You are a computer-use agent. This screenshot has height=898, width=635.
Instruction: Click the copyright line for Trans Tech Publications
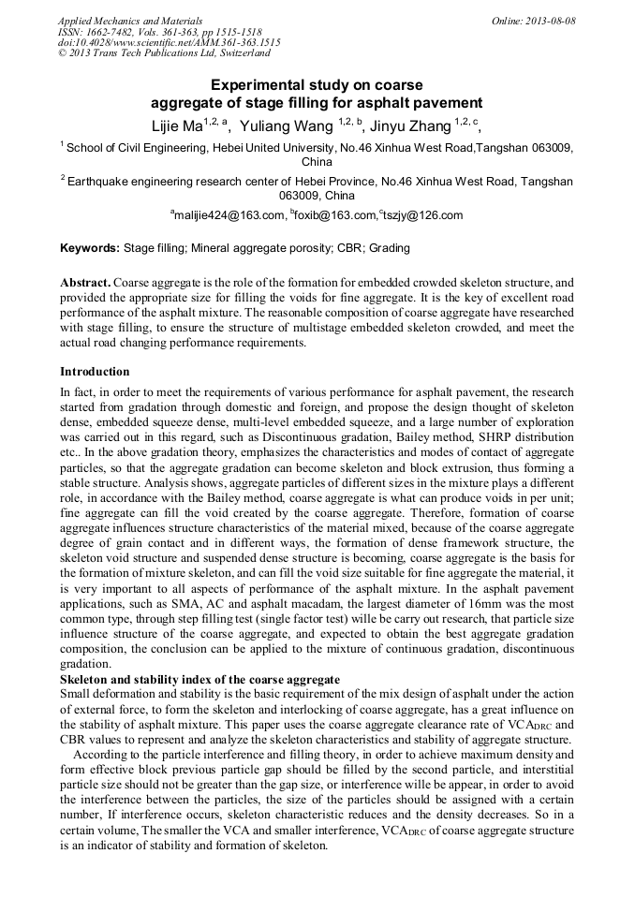[164, 54]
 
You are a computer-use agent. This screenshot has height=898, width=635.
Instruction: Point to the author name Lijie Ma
[177, 126]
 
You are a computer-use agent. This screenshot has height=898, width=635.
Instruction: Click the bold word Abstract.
[85, 282]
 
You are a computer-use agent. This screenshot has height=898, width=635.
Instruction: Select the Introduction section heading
[95, 372]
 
